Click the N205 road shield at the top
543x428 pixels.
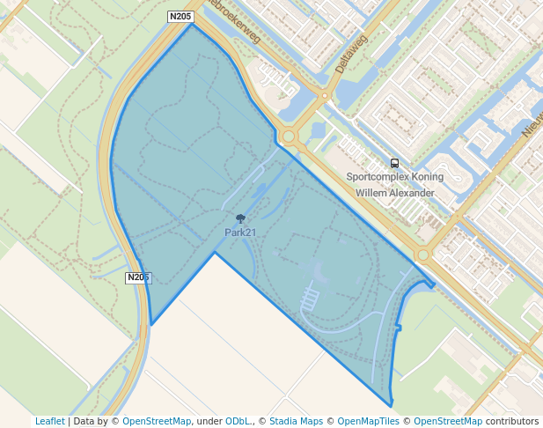[180, 17]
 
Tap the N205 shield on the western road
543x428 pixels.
[138, 277]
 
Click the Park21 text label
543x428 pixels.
[240, 232]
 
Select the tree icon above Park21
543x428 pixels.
[240, 218]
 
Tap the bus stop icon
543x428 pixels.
[394, 163]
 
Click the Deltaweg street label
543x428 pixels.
[363, 51]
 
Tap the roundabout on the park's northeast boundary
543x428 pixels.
[289, 137]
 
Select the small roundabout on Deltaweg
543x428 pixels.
[325, 95]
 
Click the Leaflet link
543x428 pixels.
[50, 421]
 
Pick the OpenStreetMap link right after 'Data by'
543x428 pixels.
[157, 421]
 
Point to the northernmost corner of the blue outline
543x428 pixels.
[191, 24]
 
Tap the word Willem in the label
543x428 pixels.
[363, 193]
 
